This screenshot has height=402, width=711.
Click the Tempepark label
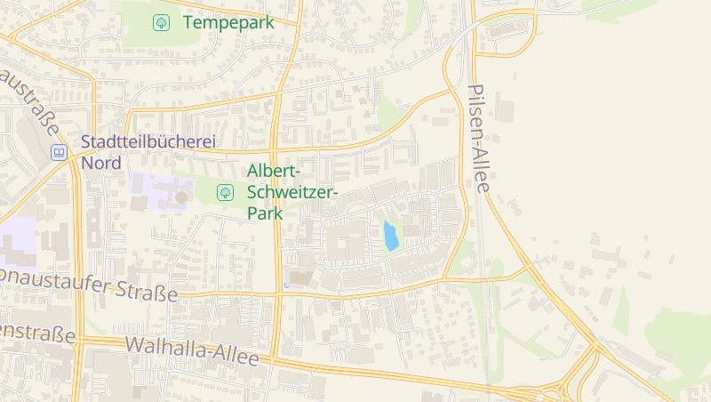tap(228, 22)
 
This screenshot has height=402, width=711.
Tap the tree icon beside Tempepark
tap(161, 22)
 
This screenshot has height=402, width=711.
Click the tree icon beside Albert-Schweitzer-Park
tap(225, 191)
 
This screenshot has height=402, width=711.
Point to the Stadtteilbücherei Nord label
tap(148, 152)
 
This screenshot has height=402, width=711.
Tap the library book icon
tap(59, 152)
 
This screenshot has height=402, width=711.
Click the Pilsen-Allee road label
tap(479, 138)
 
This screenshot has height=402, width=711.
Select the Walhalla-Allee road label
tap(192, 351)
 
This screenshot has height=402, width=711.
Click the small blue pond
tap(390, 236)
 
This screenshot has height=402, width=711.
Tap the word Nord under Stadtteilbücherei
tap(101, 163)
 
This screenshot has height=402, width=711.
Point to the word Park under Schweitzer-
tap(265, 213)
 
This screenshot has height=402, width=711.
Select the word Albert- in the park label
tap(275, 171)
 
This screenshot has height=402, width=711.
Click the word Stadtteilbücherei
tap(148, 141)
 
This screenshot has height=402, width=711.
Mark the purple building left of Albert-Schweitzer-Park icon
tap(159, 190)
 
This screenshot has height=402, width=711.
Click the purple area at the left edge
tap(17, 241)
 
